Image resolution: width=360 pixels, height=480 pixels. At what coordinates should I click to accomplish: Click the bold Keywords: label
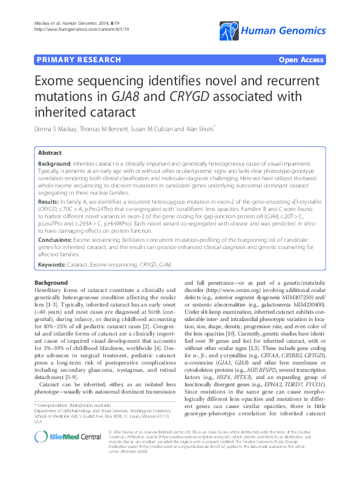pos(52,265)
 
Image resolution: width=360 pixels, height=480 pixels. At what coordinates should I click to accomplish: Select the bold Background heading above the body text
pos(51,283)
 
